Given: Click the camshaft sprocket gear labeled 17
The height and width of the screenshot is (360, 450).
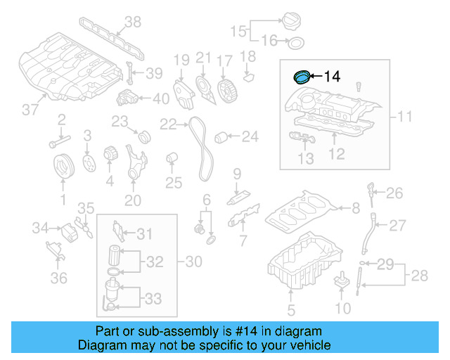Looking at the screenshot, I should point(225,89).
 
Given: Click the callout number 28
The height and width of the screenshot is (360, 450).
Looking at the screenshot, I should point(419,276).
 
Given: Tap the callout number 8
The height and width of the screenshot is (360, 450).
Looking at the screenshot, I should point(355,207).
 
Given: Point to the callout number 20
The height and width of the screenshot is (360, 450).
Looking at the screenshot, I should point(133,200).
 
